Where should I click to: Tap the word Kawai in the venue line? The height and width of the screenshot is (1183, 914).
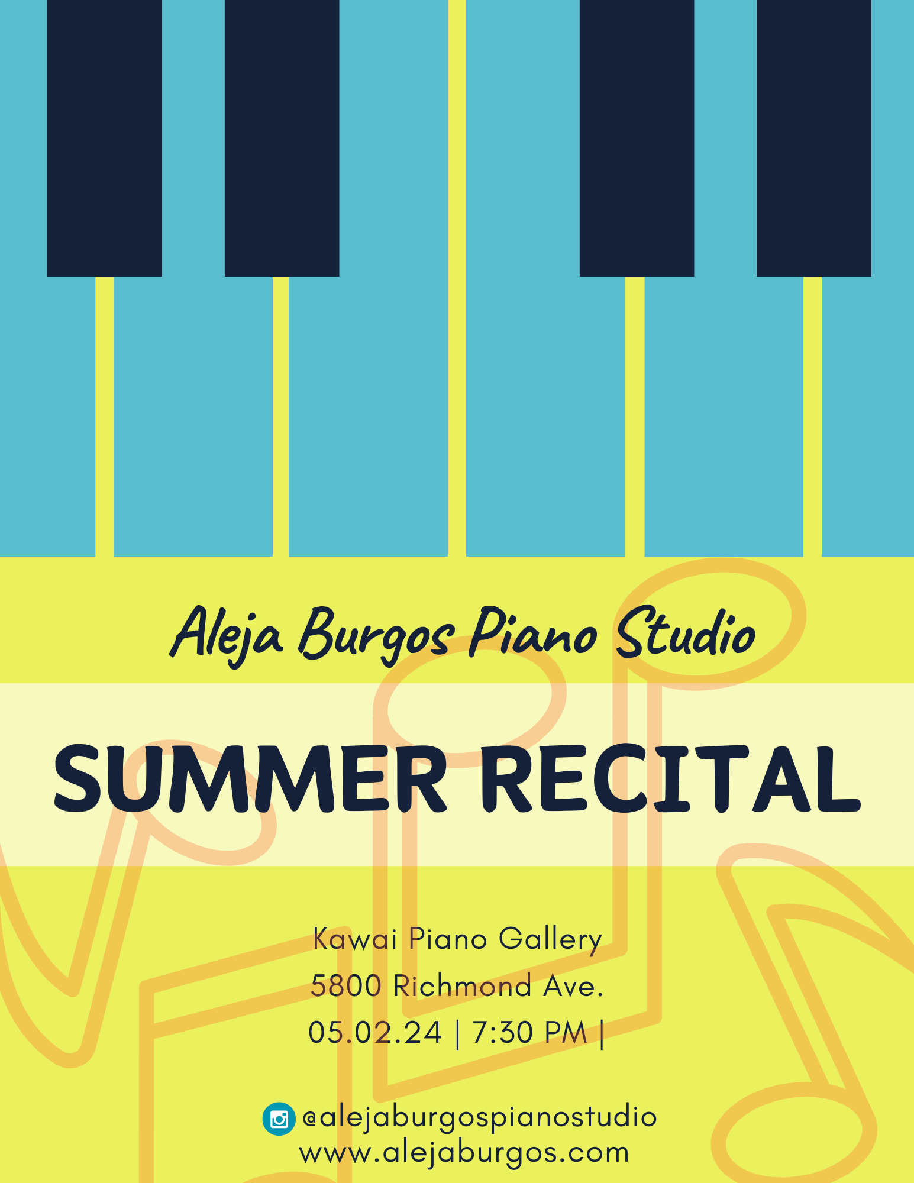click(x=354, y=939)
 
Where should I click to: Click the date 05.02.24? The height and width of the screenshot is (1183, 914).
click(x=375, y=1033)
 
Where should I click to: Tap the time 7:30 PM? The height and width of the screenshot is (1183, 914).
click(x=529, y=1033)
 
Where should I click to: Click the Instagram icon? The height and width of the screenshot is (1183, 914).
click(x=279, y=1119)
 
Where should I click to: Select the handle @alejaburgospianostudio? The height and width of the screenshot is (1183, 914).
click(x=479, y=1118)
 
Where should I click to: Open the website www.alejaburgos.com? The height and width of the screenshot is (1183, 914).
click(x=464, y=1153)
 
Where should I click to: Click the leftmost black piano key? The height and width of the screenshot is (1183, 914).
click(x=105, y=138)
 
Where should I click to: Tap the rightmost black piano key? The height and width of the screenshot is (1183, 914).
click(x=814, y=138)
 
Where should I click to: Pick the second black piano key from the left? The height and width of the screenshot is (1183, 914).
click(x=282, y=138)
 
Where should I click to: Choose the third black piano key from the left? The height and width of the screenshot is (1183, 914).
click(x=637, y=138)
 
